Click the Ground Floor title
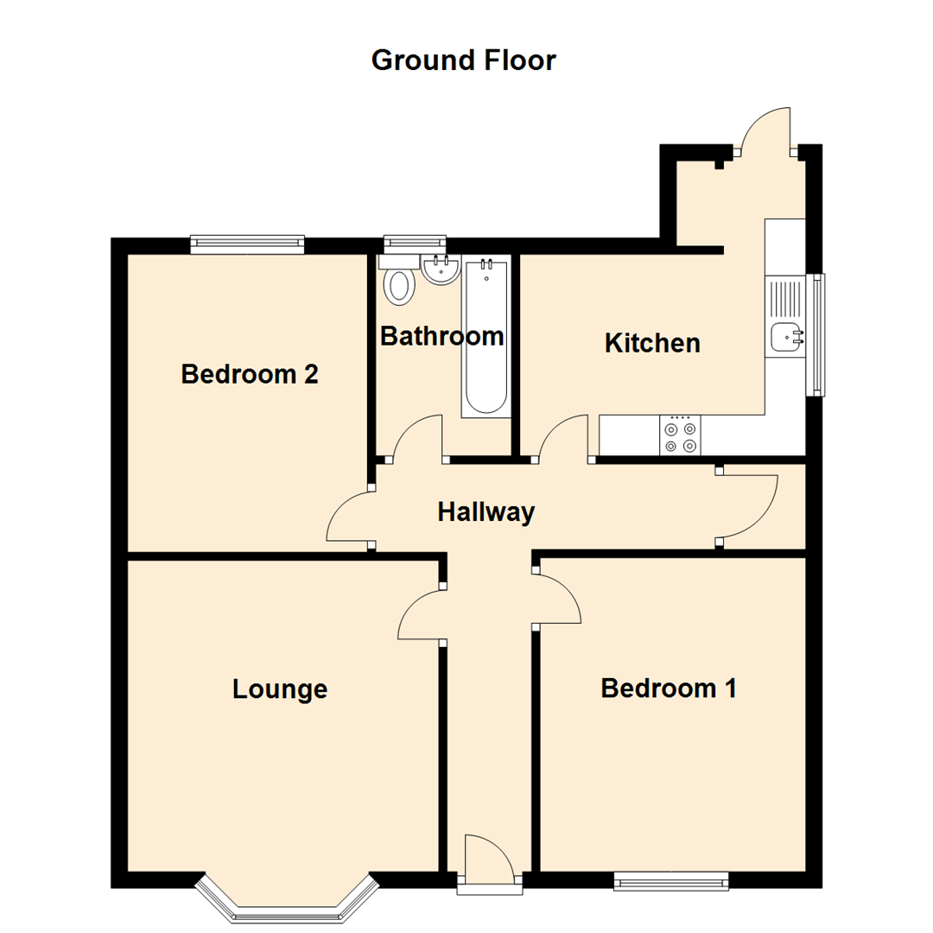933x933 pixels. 464,60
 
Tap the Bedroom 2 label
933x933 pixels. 249,375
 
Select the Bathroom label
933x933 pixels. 441,336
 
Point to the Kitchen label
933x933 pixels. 652,343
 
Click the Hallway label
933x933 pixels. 486,512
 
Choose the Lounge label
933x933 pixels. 280,689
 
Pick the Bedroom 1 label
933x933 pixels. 669,689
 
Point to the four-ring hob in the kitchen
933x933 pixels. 680,436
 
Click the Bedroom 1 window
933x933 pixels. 670,880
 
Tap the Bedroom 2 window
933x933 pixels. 247,244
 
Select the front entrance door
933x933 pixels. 491,860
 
